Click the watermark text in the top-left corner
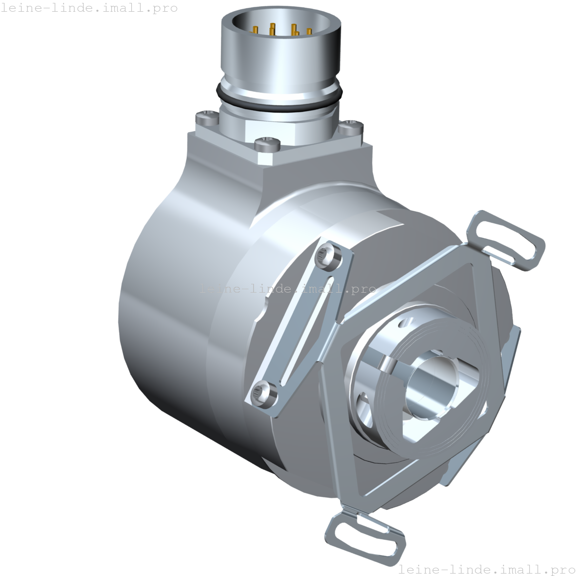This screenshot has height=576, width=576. coord(89,8)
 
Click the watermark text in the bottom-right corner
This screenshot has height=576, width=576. coord(486,569)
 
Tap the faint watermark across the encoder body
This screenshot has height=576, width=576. coord(288,288)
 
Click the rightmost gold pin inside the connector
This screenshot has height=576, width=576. coord(309,32)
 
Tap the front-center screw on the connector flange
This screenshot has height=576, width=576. coord(267,143)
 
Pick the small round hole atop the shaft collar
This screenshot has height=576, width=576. coord(406,323)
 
